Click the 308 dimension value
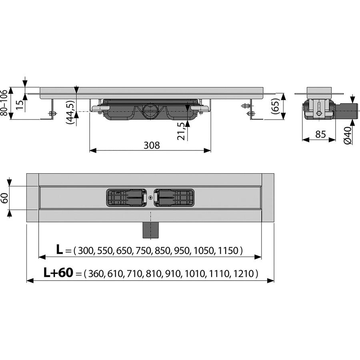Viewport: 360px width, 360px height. click(x=152, y=145)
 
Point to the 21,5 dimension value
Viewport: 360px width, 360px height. click(x=181, y=131)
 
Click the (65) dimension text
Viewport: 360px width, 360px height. click(x=276, y=106)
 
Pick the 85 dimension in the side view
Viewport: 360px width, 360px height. click(x=320, y=134)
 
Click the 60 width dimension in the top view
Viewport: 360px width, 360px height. click(x=4, y=198)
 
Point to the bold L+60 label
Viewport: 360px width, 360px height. click(x=58, y=273)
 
